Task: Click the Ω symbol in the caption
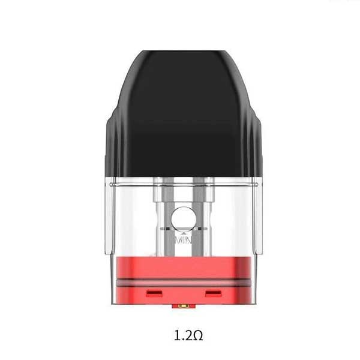tap(197, 335)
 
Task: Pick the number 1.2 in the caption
tap(181, 335)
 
